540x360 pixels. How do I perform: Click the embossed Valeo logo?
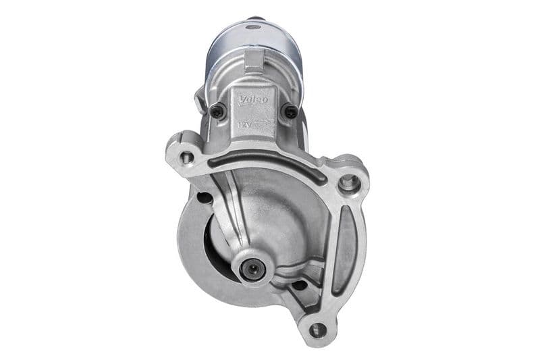(254, 100)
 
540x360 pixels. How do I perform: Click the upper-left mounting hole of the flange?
(187, 157)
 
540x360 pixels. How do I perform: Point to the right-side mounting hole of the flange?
(348, 181)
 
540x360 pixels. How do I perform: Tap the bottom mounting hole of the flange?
(317, 330)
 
